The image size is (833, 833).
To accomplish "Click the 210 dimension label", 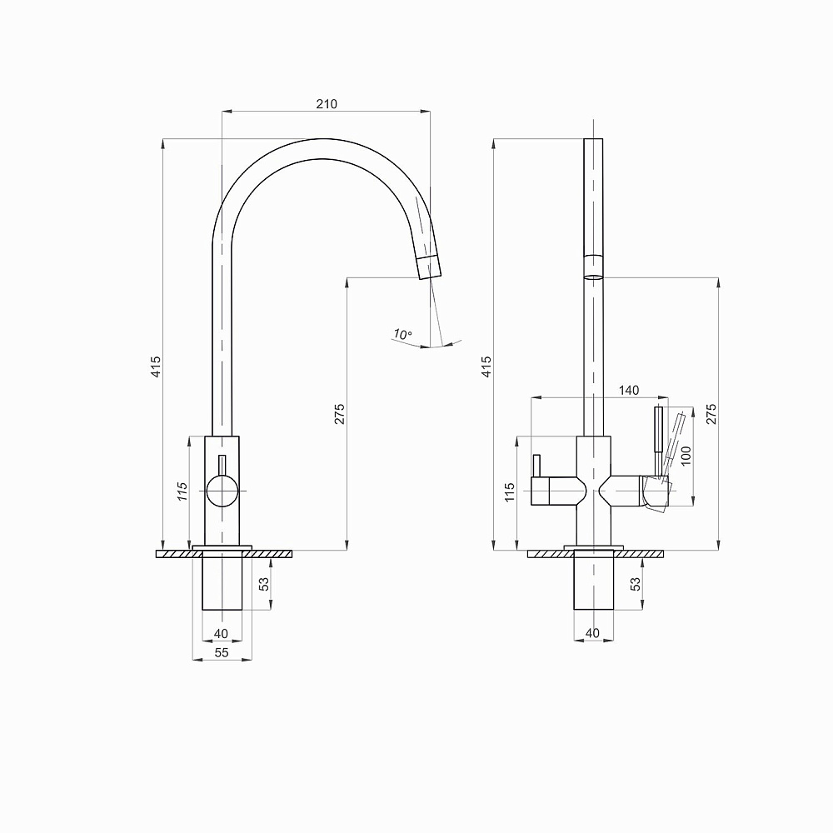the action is (327, 103).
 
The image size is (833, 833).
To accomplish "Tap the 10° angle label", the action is (402, 334).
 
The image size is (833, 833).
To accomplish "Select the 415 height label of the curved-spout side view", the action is (156, 367).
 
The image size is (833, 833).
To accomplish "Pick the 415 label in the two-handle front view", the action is (486, 367).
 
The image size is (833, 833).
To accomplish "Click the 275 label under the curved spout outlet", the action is (340, 414).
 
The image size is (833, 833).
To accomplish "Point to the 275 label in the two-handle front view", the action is (711, 414).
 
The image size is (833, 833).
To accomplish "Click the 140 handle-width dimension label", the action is (628, 391).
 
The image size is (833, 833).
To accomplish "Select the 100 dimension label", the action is (686, 456).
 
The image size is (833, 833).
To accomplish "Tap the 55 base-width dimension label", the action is (222, 652).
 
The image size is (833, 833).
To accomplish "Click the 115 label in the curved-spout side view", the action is (182, 491).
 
